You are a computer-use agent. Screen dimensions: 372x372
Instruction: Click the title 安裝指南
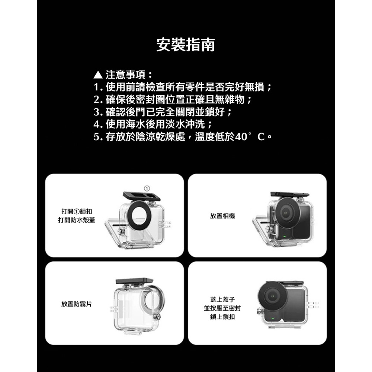[x=185, y=45]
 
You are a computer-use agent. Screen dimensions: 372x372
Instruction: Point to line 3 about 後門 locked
[x=164, y=112]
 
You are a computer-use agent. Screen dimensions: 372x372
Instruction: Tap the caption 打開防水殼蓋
[x=77, y=220]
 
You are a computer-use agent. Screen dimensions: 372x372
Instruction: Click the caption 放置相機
[x=222, y=216]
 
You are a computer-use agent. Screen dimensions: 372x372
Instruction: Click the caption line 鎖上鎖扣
[x=222, y=317]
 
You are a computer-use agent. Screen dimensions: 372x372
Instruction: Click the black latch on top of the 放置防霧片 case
[x=134, y=281]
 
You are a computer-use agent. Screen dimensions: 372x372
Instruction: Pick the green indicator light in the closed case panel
[x=273, y=319]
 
